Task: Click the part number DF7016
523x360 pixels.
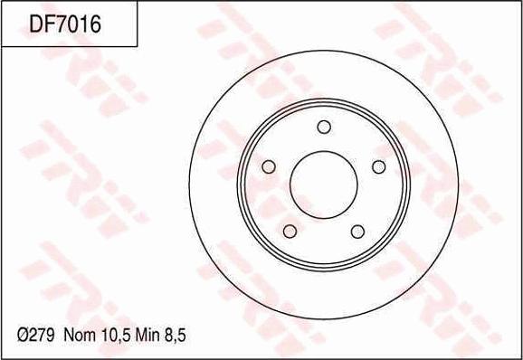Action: point(65,24)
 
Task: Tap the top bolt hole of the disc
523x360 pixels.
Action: point(324,127)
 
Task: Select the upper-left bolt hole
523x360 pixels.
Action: point(269,166)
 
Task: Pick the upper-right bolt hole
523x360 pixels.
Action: point(378,166)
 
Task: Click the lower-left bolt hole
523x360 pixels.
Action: point(290,232)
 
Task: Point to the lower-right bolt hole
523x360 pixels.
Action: point(357,232)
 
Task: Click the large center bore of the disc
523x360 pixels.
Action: point(324,185)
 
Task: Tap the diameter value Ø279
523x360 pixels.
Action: point(35,335)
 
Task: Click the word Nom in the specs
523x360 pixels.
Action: point(80,335)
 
